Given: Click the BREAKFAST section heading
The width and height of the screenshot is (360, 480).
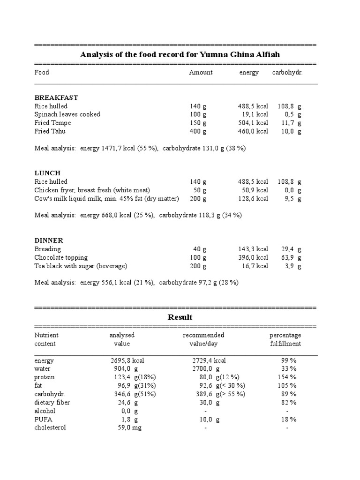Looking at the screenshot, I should (x=56, y=97).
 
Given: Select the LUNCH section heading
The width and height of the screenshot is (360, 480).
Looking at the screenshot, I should (x=48, y=173).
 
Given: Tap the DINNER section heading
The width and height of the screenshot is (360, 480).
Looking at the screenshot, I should (x=49, y=240).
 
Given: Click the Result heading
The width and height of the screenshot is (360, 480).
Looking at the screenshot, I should (x=180, y=317).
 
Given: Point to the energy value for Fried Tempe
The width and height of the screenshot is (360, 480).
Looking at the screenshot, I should (x=253, y=123).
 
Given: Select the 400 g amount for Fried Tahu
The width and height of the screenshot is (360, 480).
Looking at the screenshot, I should (x=198, y=131).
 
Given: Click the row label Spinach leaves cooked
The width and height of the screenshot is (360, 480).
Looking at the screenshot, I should (x=67, y=114).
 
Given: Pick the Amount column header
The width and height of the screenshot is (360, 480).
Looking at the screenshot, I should (x=201, y=73).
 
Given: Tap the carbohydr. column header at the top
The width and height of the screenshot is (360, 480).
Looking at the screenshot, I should (x=287, y=73).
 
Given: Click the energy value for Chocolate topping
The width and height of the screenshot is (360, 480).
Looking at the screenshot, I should (x=253, y=258).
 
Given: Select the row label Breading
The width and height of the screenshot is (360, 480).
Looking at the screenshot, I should (x=48, y=249).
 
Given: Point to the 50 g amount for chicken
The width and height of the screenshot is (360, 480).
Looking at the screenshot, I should (x=200, y=190).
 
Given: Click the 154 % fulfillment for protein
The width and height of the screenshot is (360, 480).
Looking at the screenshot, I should (x=287, y=377).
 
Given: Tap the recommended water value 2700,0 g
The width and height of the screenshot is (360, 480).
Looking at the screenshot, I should (x=206, y=369).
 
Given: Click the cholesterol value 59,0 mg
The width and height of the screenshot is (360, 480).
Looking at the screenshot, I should (x=129, y=428).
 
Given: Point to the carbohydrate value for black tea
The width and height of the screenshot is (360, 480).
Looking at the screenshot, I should (x=293, y=266).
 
